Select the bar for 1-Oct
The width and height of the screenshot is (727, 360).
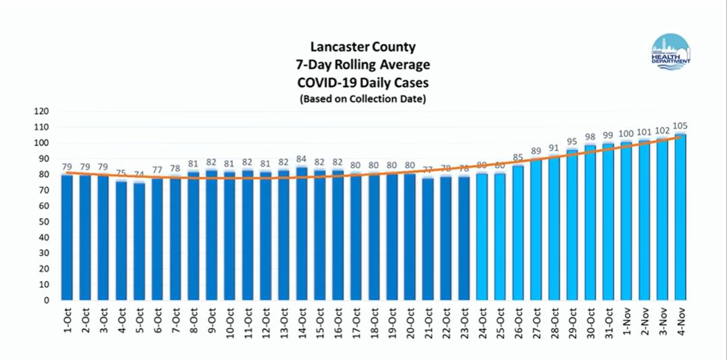tap(67, 237)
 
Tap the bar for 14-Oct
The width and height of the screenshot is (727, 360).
tap(301, 234)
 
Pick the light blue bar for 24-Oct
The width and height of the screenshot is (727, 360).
tap(482, 236)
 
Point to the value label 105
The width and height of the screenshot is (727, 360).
tap(680, 126)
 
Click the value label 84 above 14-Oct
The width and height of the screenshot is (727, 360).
tap(301, 159)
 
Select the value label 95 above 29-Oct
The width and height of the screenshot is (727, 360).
tap(572, 142)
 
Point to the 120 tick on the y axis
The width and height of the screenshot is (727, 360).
tap(44, 111)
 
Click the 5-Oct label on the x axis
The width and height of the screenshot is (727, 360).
tap(140, 323)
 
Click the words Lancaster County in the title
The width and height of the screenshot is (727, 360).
tap(363, 47)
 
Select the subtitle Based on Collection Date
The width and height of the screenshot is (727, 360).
tap(363, 99)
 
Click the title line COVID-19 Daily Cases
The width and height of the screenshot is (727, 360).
tap(363, 82)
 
